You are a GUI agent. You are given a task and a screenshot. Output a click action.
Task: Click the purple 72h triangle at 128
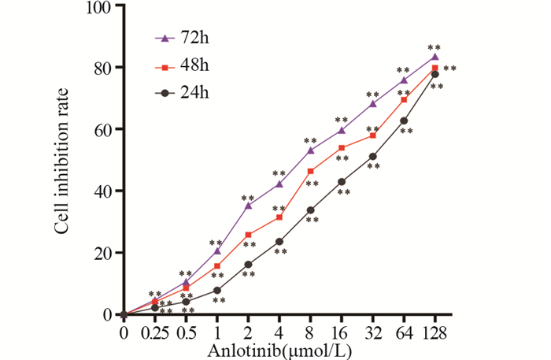pyautogui.click(x=435, y=57)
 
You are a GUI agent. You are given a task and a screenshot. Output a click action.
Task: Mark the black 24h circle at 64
pyautogui.click(x=404, y=121)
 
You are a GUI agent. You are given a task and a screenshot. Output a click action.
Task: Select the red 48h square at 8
pyautogui.click(x=310, y=172)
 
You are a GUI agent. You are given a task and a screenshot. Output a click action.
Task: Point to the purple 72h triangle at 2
pyautogui.click(x=248, y=206)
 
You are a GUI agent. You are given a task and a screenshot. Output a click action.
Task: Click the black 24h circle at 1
pyautogui.click(x=216, y=290)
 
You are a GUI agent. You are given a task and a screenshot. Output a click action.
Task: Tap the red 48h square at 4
pyautogui.click(x=279, y=217)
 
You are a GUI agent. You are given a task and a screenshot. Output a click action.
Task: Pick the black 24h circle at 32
pyautogui.click(x=372, y=157)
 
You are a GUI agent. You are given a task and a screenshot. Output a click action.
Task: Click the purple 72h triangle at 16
pyautogui.click(x=342, y=130)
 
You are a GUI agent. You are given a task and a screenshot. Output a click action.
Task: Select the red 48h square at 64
pyautogui.click(x=404, y=100)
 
